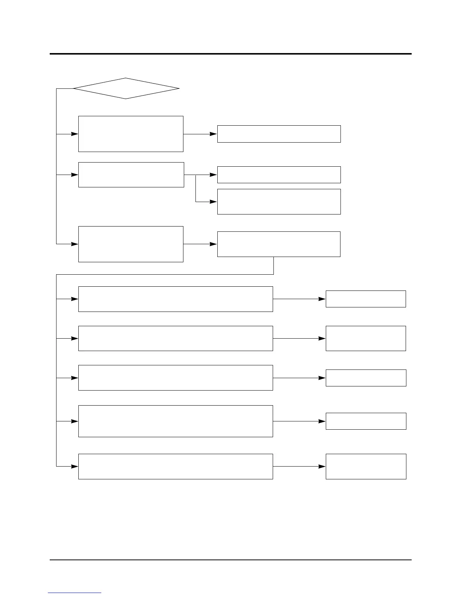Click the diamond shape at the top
(126, 88)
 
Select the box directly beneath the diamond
(131, 134)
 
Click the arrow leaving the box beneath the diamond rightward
(200, 134)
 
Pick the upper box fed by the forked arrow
(279, 175)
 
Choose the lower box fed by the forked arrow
(279, 202)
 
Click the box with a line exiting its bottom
(279, 244)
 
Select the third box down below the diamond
(131, 244)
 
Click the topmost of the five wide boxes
(176, 299)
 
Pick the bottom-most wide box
(176, 467)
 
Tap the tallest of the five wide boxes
(176, 421)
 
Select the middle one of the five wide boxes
(176, 378)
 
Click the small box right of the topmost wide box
(366, 299)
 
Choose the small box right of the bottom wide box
(366, 467)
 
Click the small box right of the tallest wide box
(366, 421)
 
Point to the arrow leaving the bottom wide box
(299, 467)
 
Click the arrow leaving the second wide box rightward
(299, 339)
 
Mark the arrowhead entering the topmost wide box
(75, 299)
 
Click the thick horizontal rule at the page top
(230, 54)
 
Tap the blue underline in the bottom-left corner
(75, 593)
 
